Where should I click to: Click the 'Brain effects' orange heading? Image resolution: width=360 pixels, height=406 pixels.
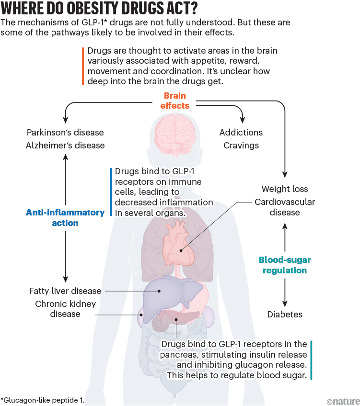[x=174, y=101]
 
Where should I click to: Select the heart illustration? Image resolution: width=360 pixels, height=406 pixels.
[x=178, y=244]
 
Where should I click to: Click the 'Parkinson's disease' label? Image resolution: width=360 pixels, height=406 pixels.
[x=65, y=133]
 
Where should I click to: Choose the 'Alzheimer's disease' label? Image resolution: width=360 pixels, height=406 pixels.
[x=65, y=145]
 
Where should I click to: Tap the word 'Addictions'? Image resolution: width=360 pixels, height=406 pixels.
[x=241, y=133]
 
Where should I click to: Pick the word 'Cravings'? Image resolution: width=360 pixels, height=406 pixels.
[x=241, y=145]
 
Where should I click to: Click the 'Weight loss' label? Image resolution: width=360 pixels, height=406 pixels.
[x=285, y=189]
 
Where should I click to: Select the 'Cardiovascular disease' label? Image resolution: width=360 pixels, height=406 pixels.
[x=285, y=207]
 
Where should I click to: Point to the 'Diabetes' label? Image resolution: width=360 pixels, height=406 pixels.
[x=285, y=315]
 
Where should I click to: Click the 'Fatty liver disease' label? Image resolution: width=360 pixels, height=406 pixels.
[x=65, y=291]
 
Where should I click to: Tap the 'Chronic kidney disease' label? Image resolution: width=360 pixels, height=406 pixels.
[x=65, y=309]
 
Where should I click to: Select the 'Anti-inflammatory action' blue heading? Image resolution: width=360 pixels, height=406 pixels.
[x=65, y=217]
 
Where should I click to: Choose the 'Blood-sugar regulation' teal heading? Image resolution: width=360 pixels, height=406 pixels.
[x=285, y=265]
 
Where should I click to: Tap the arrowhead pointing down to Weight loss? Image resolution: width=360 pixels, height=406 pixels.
[x=285, y=175]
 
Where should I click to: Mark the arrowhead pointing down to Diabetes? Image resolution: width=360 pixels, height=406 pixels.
[x=285, y=303]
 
